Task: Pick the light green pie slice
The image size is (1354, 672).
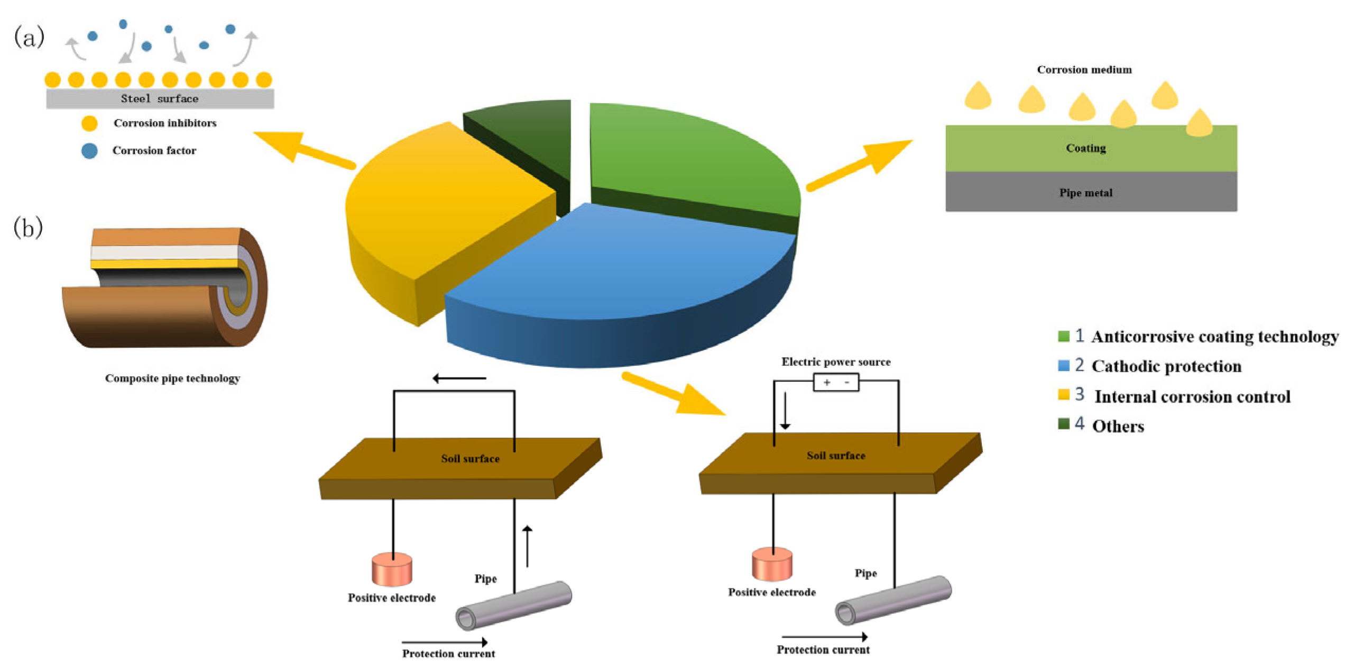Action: coord(687,153)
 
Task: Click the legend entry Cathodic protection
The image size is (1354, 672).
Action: coord(1166,366)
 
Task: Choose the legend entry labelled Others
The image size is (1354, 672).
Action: coord(1118,426)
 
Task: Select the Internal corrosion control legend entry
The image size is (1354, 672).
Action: coord(1192,396)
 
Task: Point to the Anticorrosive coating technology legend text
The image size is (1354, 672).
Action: coord(1214,337)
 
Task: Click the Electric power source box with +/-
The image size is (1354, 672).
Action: coord(836,382)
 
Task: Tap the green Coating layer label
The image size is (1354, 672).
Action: coord(1085,148)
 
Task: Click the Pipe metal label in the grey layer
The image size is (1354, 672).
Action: coord(1085,193)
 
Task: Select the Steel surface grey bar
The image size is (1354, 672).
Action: coord(160,99)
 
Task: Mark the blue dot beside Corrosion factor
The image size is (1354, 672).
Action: coord(89,151)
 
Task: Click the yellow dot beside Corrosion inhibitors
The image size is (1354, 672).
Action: coord(89,123)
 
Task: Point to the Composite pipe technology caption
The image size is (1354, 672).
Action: coord(172,378)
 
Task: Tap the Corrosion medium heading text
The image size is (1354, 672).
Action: coord(1084,70)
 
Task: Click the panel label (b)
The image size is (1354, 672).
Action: coord(28,228)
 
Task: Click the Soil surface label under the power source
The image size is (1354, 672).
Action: coord(835,456)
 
